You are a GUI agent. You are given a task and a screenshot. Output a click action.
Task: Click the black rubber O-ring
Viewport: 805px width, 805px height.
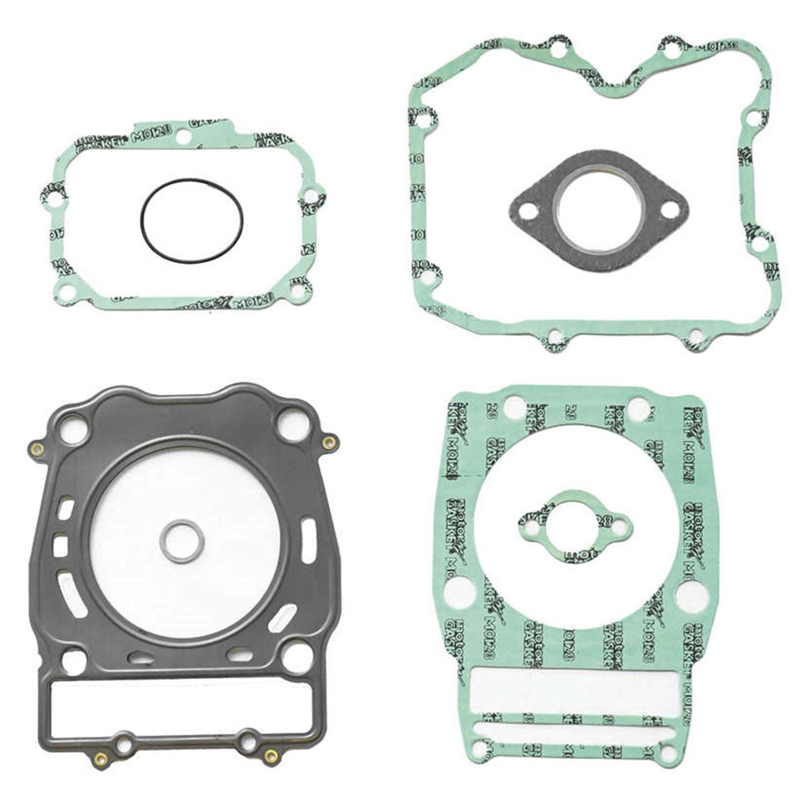point(142,221)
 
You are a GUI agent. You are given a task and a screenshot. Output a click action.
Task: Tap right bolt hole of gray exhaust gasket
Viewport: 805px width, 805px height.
point(669,211)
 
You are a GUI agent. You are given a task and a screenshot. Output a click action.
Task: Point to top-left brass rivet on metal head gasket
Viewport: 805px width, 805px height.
point(37,449)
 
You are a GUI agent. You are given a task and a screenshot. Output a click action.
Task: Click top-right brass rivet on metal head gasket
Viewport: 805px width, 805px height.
point(329,443)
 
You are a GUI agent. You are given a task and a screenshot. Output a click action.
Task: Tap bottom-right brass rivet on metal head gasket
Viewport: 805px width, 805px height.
point(271,756)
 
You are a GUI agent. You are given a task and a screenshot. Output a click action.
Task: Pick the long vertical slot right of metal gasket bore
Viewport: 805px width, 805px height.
point(308,541)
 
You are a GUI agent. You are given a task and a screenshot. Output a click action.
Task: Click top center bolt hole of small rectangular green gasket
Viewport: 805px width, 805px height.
point(184,136)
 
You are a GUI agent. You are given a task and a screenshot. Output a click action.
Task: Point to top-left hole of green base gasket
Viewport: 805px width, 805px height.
point(513,407)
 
